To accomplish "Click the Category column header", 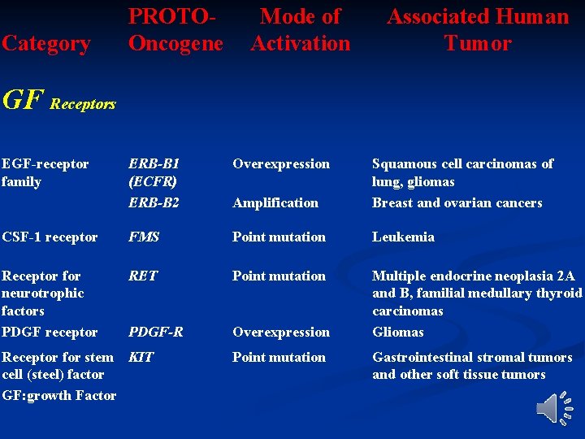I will (x=45, y=43).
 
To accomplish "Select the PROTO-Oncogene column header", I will (x=175, y=29).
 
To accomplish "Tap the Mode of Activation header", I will (x=300, y=29).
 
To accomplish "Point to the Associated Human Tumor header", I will (x=478, y=29).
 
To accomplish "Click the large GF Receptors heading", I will (x=58, y=101).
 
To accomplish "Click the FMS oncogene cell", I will (x=144, y=237).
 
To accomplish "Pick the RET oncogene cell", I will (x=143, y=276).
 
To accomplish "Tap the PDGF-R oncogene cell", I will (x=156, y=332).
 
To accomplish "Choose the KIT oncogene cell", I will (x=141, y=357).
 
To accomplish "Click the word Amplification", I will (x=275, y=202).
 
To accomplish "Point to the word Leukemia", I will (x=403, y=237).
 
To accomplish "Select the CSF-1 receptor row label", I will (x=50, y=237).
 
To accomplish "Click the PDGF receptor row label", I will (x=50, y=332).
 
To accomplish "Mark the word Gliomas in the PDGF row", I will (x=398, y=332).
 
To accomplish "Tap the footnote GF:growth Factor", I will (x=59, y=395).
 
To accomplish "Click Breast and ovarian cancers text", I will (x=457, y=202).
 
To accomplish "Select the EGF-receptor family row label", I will (x=45, y=172).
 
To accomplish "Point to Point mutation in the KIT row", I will (x=279, y=357).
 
